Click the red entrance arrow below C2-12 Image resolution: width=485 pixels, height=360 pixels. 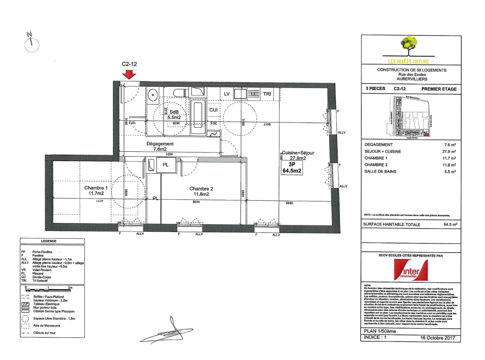click(x=129, y=75)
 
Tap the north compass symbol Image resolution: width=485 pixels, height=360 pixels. click(x=32, y=44)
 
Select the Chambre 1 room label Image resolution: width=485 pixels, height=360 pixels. click(x=96, y=190)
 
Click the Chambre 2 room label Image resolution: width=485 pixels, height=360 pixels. click(x=201, y=191)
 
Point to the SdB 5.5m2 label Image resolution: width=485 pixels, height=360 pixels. click(x=174, y=115)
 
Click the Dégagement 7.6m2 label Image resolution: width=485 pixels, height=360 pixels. click(x=160, y=146)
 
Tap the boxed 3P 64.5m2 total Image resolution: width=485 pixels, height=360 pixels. click(x=292, y=167)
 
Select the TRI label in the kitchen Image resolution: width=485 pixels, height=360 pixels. click(x=267, y=94)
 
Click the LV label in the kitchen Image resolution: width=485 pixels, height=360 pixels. click(x=227, y=94)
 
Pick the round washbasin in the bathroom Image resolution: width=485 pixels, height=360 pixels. click(x=153, y=95)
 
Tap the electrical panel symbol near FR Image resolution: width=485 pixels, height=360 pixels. click(x=213, y=134)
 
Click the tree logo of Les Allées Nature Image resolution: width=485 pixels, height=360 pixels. click(x=409, y=47)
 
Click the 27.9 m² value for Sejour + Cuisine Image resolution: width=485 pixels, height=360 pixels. click(x=449, y=152)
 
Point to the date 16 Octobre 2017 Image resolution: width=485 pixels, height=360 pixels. click(x=437, y=338)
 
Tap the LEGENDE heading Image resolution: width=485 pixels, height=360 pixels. click(x=49, y=241)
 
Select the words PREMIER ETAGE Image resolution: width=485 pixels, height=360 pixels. click(x=439, y=89)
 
